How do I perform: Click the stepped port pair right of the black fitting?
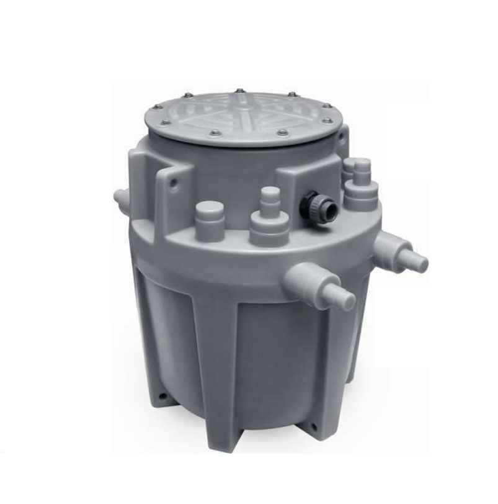[x=360, y=185]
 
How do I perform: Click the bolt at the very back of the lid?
[x=239, y=91]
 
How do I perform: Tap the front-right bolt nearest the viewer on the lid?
[x=282, y=132]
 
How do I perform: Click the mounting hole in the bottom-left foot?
[x=162, y=394]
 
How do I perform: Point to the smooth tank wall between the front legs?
[x=273, y=366]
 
